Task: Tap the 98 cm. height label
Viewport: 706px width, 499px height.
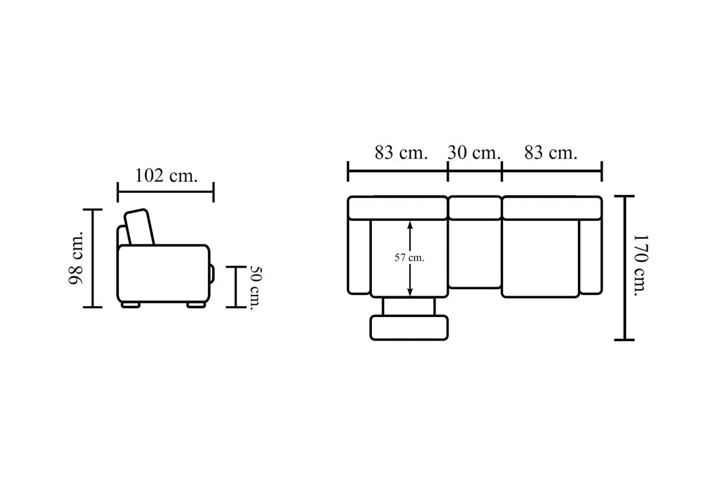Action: pos(75,259)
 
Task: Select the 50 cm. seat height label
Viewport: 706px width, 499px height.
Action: pos(255,288)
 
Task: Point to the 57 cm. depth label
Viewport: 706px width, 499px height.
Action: pos(410,258)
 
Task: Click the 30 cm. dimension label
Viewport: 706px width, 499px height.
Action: pos(474,153)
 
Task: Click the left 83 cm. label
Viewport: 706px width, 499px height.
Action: pos(400,153)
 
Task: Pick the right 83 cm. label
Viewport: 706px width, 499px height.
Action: pos(550,153)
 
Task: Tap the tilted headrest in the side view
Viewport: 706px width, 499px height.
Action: pos(140,227)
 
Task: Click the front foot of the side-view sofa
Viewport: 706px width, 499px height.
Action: pos(196,305)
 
